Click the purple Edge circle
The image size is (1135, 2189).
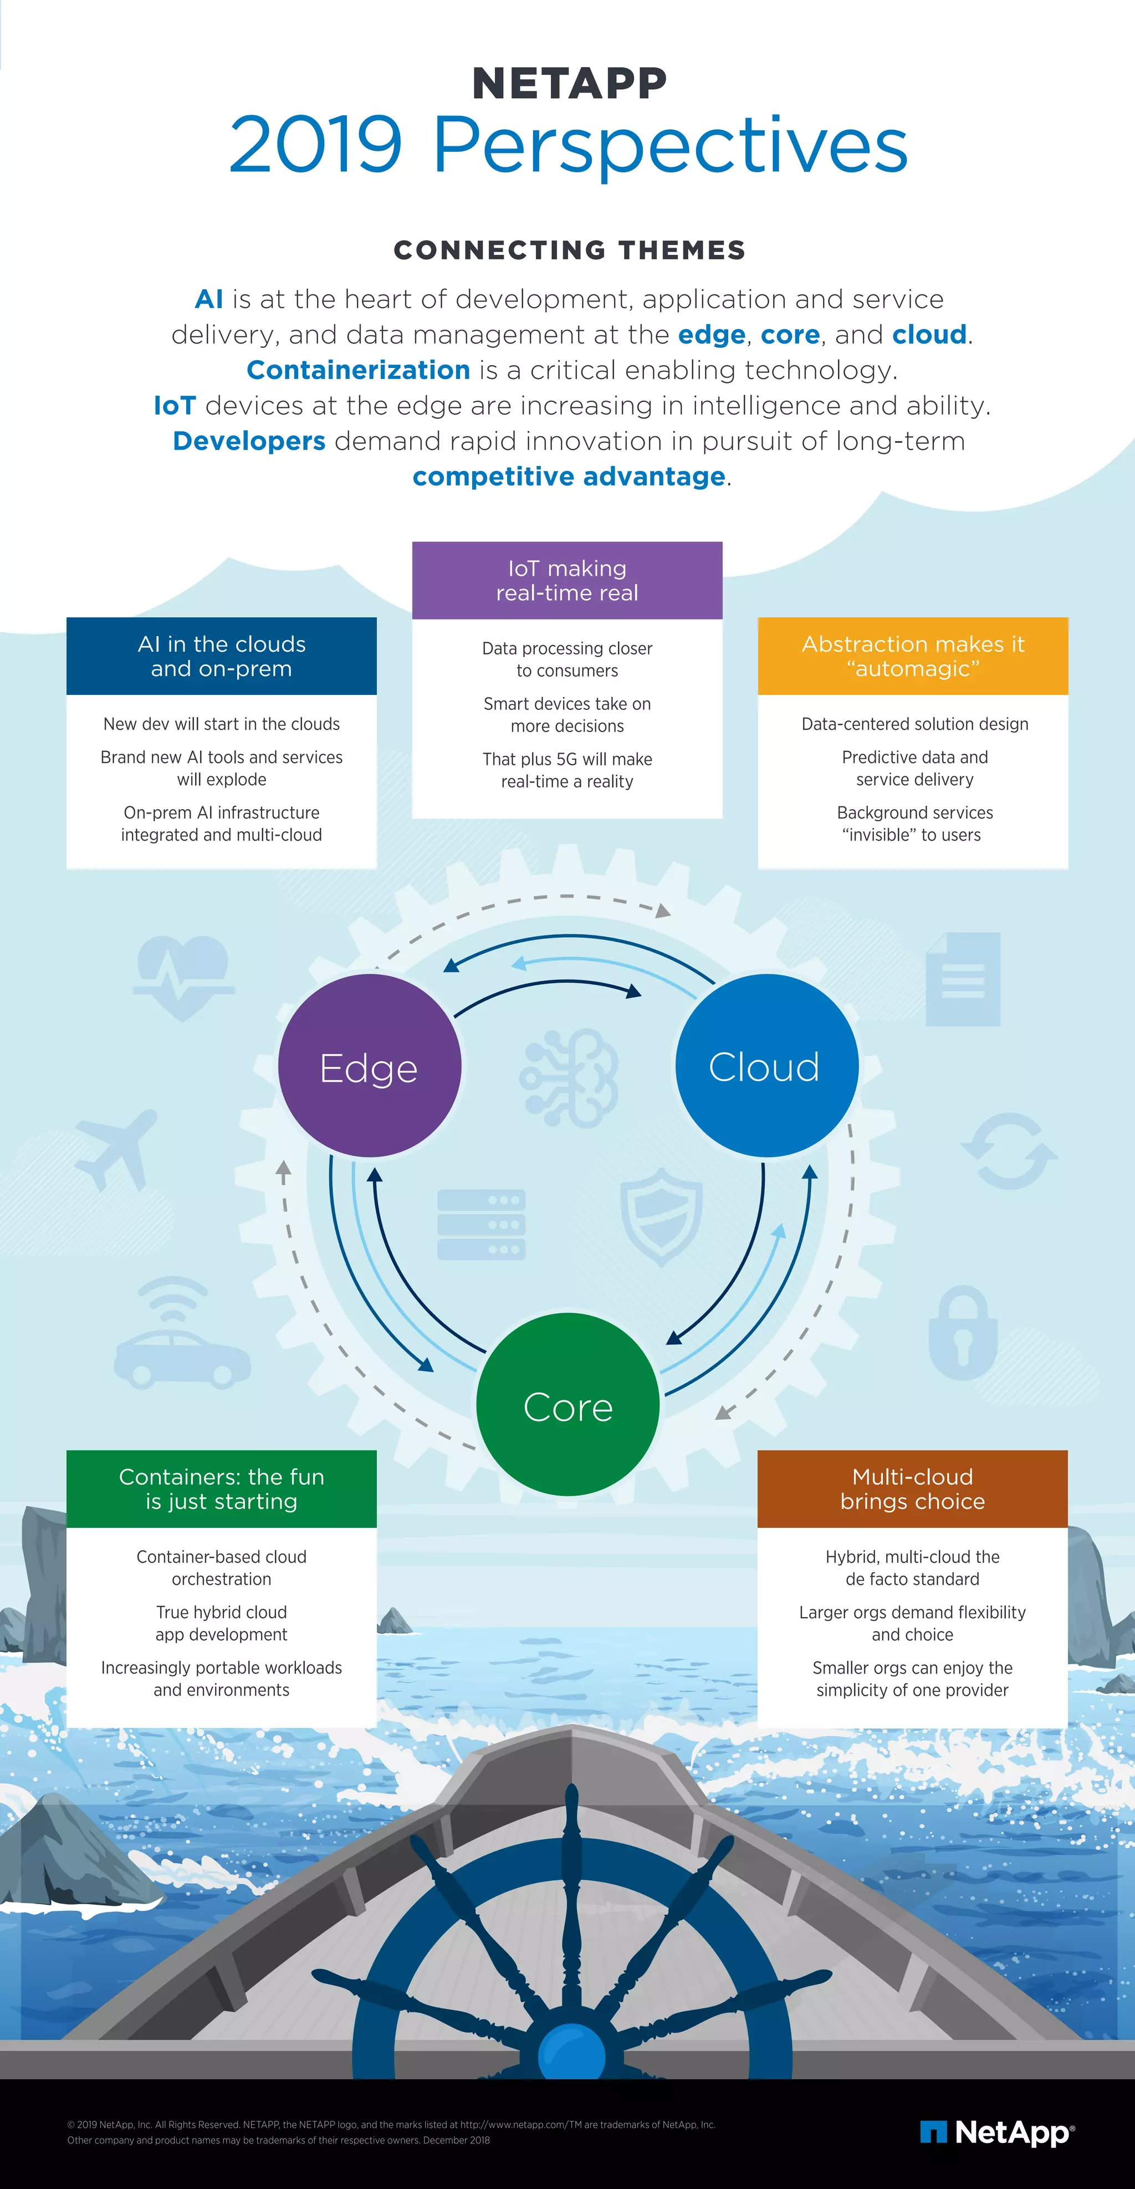point(370,1066)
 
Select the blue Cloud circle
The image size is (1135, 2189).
point(766,1066)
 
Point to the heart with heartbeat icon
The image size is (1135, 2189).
point(183,975)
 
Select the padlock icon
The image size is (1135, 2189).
point(963,1332)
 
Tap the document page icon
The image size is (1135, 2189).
point(963,978)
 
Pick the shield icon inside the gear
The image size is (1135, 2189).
point(661,1215)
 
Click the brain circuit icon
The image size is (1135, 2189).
point(569,1077)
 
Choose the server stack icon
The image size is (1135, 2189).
point(481,1225)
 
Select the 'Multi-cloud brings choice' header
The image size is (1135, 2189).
point(912,1489)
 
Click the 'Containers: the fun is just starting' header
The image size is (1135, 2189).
point(221,1489)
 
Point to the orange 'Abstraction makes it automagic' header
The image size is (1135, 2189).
point(912,656)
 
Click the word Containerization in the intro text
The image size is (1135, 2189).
point(357,370)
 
